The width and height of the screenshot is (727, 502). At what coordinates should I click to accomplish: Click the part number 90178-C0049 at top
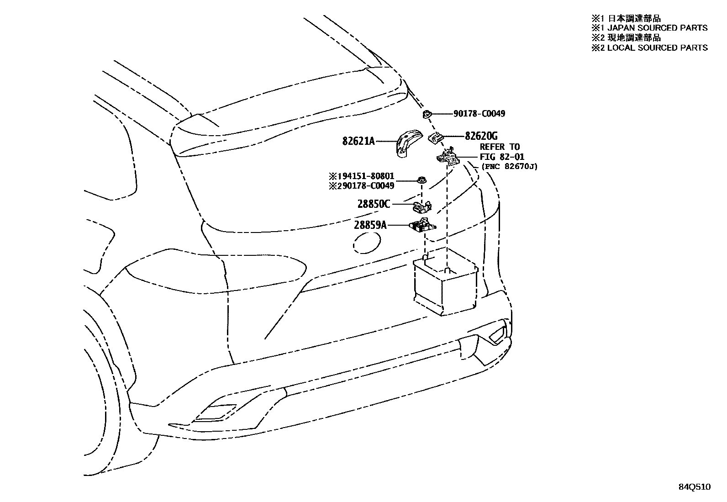[479, 114]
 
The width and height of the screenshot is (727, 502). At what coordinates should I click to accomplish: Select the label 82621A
[358, 142]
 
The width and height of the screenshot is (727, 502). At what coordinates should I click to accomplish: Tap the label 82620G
[481, 136]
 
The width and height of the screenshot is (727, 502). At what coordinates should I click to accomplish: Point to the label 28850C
[374, 204]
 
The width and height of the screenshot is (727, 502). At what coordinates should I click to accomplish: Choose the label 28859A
[370, 225]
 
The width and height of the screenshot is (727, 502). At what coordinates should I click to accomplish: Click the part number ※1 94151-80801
[361, 176]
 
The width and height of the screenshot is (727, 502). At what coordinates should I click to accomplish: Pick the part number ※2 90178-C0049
[361, 185]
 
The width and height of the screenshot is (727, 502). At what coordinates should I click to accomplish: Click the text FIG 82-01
[502, 157]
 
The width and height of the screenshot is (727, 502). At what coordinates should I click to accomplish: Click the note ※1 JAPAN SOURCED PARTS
[649, 28]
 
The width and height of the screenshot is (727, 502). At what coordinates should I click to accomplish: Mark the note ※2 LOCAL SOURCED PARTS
[649, 48]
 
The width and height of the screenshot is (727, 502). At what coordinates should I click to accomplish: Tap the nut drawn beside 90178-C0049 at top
[427, 114]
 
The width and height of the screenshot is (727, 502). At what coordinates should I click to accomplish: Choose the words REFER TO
[499, 147]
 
